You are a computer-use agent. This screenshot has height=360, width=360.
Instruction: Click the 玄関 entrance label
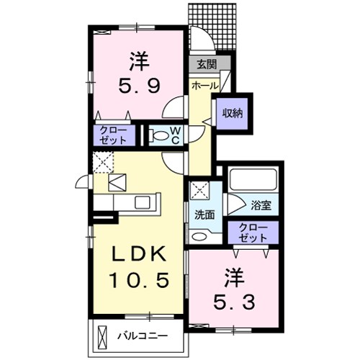click(x=207, y=64)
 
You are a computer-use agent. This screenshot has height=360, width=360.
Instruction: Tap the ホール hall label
click(x=205, y=86)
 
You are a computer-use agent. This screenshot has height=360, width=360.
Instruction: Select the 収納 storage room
click(x=232, y=114)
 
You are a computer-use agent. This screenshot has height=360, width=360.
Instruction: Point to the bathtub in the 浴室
click(x=253, y=179)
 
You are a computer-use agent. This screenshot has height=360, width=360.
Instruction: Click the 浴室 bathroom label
click(x=261, y=205)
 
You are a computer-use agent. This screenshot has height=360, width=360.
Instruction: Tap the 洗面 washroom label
click(x=204, y=215)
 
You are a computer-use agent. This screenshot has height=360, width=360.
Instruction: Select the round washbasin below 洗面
click(x=199, y=236)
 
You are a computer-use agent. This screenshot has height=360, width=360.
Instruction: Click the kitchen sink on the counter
click(x=143, y=202)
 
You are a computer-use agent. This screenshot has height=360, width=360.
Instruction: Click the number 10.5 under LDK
click(x=139, y=280)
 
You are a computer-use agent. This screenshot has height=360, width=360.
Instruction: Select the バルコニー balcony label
click(x=142, y=336)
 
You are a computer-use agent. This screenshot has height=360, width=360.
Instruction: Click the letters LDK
click(x=139, y=254)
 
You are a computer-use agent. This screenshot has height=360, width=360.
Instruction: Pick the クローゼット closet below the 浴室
click(x=253, y=233)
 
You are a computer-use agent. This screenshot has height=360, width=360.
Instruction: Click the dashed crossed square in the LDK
click(x=103, y=162)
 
